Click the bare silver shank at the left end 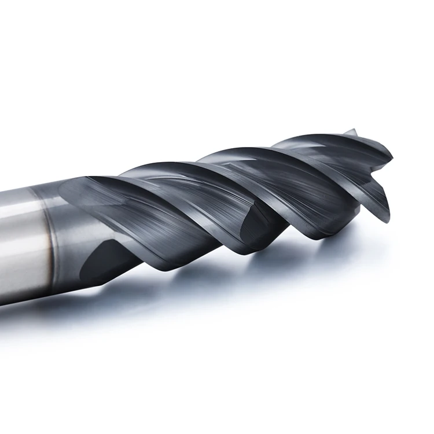click(x=17, y=243)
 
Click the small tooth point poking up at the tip click(x=351, y=132)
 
